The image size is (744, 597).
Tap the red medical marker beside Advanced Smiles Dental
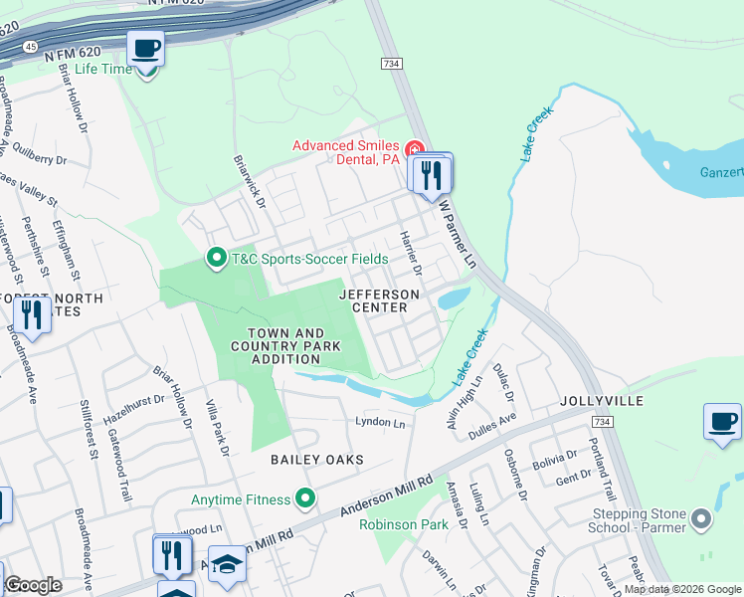[x=414, y=149]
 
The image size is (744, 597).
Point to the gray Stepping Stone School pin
[x=702, y=518]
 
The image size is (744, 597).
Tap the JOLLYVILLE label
[x=601, y=400]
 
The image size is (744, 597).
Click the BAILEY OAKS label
[x=317, y=459]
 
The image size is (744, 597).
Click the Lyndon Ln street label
[x=381, y=424]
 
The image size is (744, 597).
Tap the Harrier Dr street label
[x=410, y=254]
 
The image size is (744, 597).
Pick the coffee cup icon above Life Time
[x=145, y=48]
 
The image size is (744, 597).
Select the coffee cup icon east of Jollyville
[x=722, y=420]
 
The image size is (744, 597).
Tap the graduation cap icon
[x=227, y=564]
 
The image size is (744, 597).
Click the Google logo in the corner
[x=33, y=585]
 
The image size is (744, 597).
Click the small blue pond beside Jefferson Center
[x=453, y=298]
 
